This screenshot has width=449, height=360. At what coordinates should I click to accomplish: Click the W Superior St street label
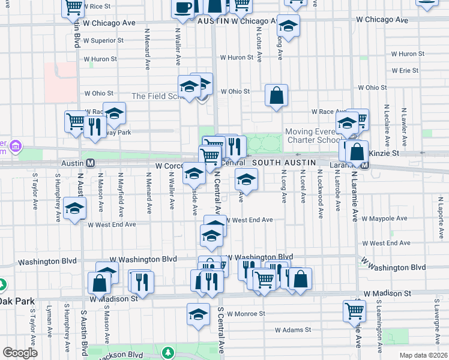coord(104,41)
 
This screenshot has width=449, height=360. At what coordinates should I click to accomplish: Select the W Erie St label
coord(405,71)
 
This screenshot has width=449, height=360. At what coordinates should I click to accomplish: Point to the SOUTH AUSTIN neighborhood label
coord(284,163)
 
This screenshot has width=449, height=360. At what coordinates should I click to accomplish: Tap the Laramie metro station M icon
coord(364,163)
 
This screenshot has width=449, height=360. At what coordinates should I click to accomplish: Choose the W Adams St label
coord(293,330)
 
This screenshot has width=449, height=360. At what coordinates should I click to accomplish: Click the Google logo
coord(19,353)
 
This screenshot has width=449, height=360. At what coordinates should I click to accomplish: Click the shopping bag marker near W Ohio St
coord(276,95)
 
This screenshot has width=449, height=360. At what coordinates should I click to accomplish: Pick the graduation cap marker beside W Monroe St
coord(199,314)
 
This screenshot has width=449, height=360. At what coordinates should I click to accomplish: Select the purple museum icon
coord(16,146)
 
